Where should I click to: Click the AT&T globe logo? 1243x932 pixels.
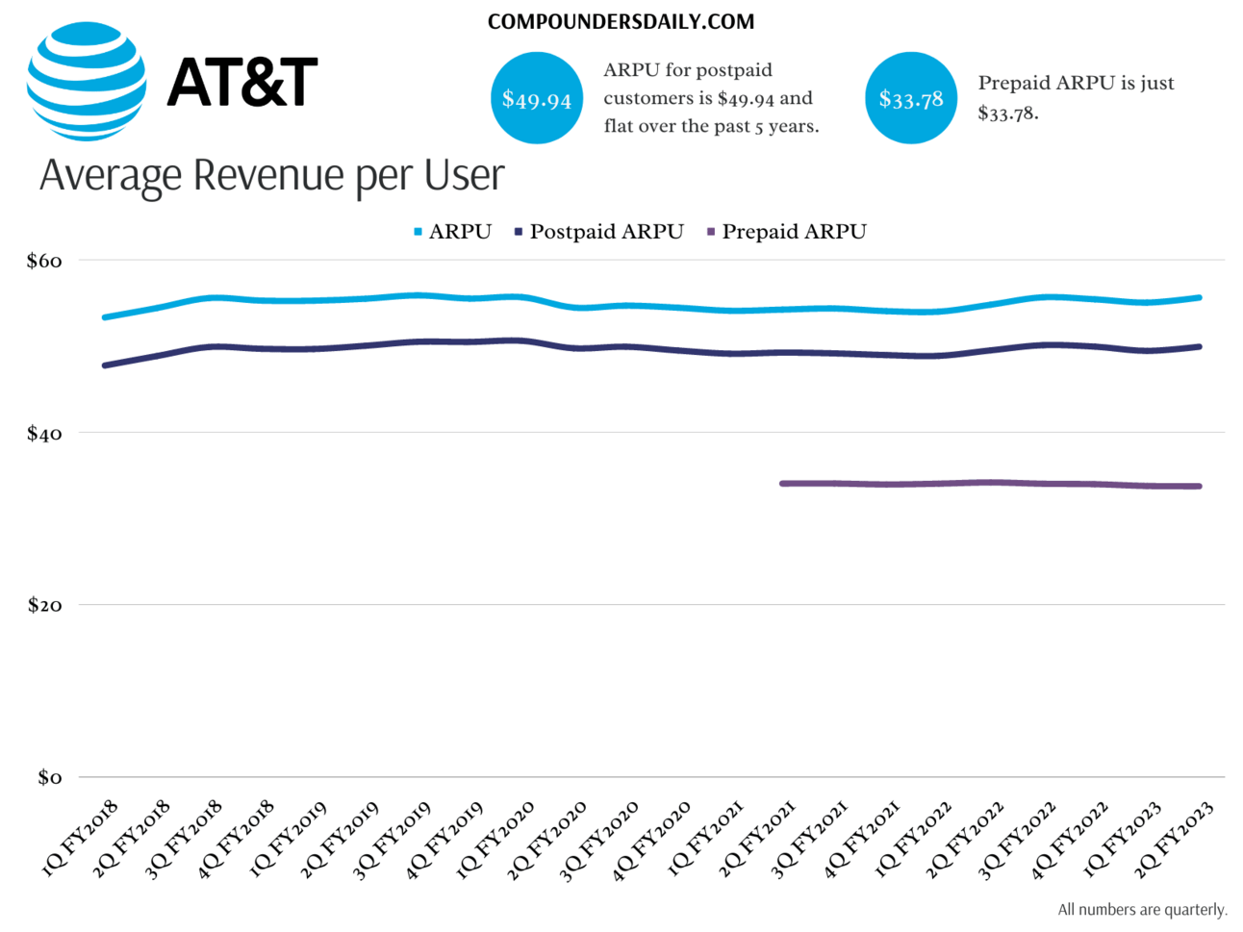(x=87, y=82)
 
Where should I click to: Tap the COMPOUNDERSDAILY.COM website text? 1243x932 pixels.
(x=621, y=22)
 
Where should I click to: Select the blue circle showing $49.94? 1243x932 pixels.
(x=537, y=98)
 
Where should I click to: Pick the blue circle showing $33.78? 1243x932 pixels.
(x=910, y=98)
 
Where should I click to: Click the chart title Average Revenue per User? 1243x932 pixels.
(x=271, y=175)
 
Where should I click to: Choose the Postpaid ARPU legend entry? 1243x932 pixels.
(x=598, y=232)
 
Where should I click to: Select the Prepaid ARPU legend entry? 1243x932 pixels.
(x=786, y=232)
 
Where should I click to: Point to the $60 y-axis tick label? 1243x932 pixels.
(x=44, y=261)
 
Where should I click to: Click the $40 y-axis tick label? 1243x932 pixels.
(x=44, y=433)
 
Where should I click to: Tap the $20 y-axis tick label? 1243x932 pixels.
(x=44, y=605)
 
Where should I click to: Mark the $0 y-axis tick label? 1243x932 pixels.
(x=49, y=777)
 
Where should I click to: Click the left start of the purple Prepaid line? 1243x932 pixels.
(x=782, y=484)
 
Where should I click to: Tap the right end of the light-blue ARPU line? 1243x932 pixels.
(x=1199, y=298)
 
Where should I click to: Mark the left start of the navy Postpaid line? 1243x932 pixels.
(x=105, y=365)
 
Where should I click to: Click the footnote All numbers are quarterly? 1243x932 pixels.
(x=1142, y=910)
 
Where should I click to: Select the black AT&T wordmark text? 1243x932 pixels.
(x=241, y=82)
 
